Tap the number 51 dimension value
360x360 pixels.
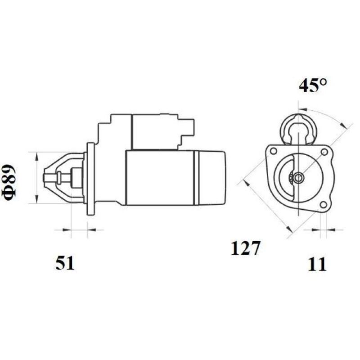coord(64,263)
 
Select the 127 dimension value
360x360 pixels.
coord(246,248)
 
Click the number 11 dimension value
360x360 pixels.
coord(318,264)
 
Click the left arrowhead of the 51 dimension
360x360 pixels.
coord(67,230)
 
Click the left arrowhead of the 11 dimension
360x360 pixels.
coord(315,230)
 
